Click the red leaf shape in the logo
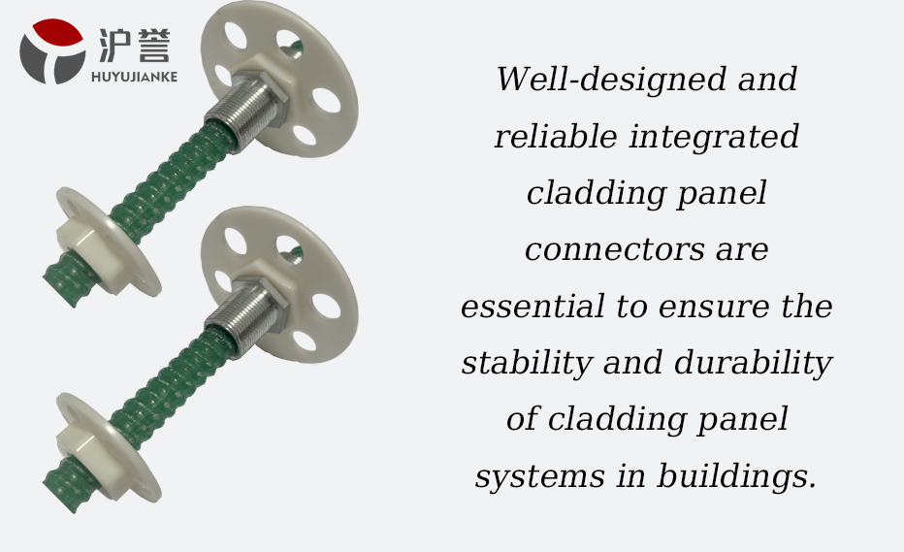[56, 32]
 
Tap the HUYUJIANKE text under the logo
[134, 77]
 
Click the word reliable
[556, 136]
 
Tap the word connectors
[615, 249]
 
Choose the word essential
[533, 306]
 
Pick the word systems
[540, 477]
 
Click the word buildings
[737, 477]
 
